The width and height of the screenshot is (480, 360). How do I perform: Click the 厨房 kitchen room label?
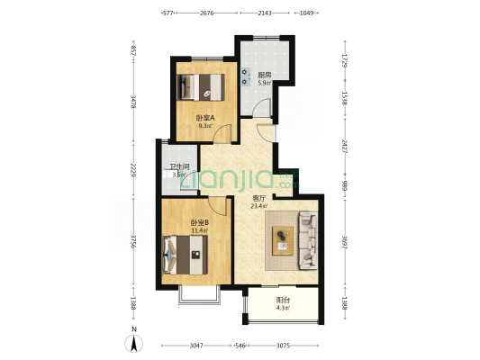pos(264,75)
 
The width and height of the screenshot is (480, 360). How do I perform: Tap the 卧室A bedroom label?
pos(204,118)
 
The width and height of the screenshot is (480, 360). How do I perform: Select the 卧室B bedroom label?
pos(199,222)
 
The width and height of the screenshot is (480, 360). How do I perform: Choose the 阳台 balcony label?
pos(283,301)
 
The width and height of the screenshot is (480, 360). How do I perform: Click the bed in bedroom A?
pos(204,86)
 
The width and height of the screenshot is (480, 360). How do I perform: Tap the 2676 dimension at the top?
pos(206,13)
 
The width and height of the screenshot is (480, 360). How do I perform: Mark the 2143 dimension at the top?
pos(265,13)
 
